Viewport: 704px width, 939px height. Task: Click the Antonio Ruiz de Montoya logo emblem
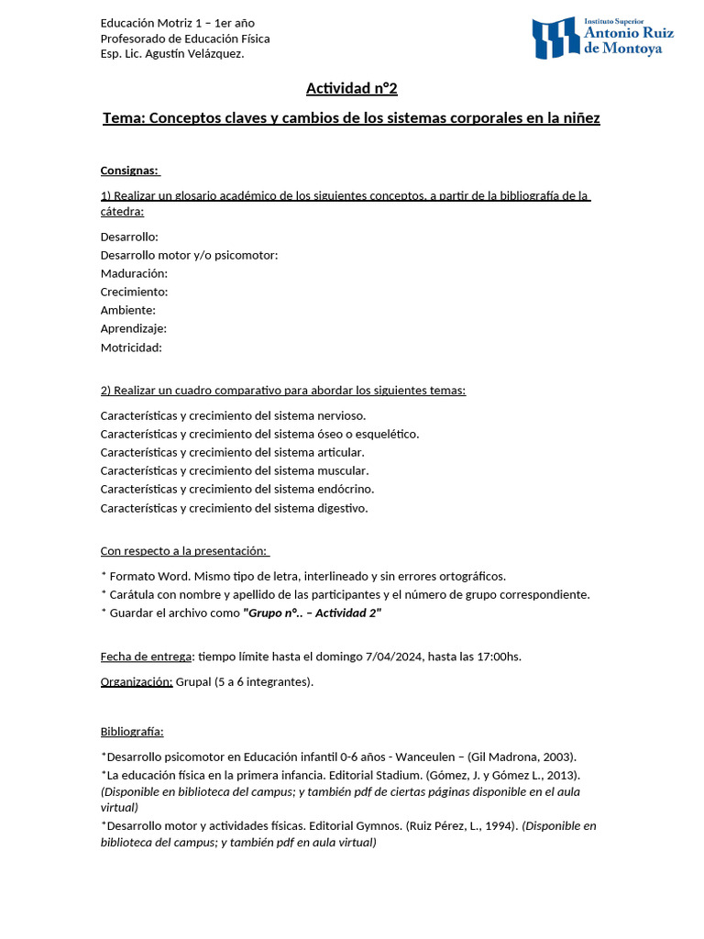555,38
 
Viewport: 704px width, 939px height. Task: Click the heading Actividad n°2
351,89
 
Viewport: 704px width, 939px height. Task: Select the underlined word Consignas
129,171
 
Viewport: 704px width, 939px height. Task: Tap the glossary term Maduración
134,273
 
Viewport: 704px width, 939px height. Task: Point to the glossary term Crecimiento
134,292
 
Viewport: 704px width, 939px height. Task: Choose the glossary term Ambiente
127,310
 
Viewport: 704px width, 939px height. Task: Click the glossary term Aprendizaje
133,328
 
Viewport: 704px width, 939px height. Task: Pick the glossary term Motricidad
131,347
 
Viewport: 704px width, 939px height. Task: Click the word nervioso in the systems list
339,415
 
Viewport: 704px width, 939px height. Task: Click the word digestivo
341,507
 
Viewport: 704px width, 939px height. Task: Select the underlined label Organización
137,681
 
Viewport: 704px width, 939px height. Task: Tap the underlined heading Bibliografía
132,732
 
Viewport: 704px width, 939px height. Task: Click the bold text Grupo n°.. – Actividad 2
312,613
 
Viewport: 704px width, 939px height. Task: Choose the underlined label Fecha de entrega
147,657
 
